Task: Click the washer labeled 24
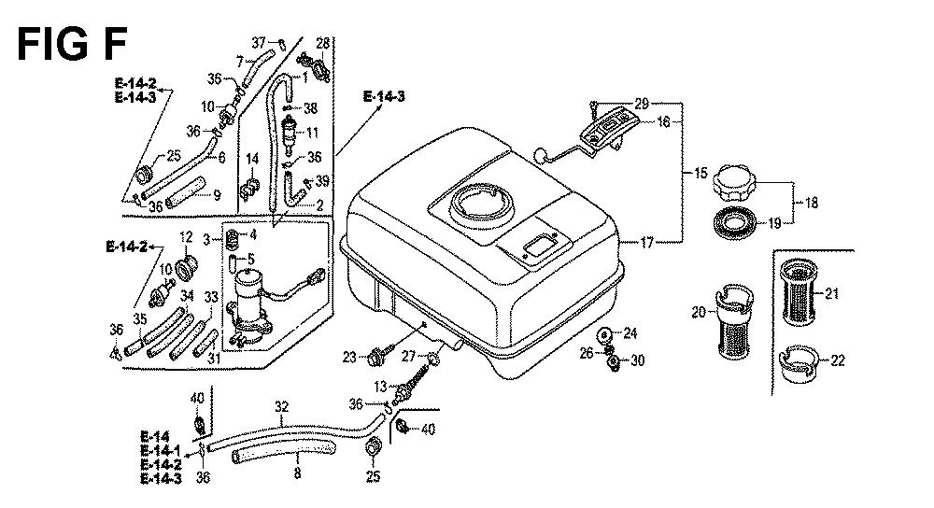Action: point(603,334)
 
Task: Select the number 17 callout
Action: point(646,243)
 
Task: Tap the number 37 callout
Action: point(259,43)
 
